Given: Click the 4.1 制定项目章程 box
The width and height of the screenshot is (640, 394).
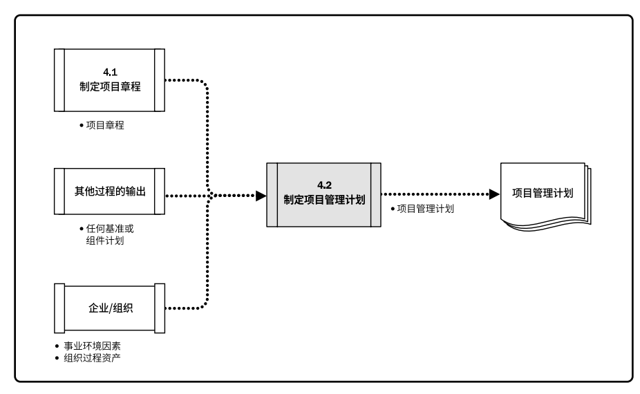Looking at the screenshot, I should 109,79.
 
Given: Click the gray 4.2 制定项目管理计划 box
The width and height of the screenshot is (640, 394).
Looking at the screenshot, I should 323,194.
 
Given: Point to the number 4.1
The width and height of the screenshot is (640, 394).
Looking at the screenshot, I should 110,72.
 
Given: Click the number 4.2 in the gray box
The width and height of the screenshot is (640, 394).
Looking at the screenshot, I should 324,185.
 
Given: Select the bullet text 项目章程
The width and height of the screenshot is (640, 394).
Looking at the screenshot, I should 104,126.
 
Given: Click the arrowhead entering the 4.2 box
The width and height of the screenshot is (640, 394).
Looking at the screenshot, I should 261,196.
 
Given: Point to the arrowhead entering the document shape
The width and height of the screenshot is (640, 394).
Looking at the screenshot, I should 494,196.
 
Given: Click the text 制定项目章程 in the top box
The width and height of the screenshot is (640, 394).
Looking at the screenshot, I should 110,86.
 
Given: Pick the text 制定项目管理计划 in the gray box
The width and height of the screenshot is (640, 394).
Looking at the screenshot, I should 324,200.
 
